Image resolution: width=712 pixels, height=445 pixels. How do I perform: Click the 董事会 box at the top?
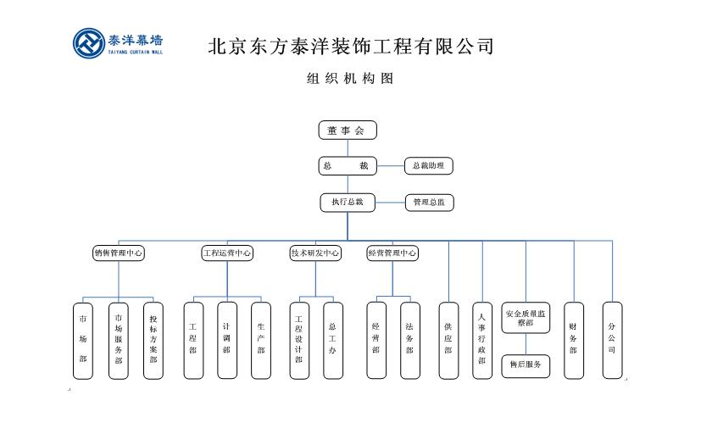click(347, 131)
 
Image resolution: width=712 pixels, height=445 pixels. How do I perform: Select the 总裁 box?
click(347, 166)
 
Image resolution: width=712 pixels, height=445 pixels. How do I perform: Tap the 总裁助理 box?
click(428, 166)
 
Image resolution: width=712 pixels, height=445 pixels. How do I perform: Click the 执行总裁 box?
click(347, 202)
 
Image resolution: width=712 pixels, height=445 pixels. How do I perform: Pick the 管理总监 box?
click(428, 203)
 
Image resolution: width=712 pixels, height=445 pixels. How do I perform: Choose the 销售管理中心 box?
click(118, 253)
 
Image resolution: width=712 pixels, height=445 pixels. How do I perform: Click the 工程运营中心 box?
click(227, 253)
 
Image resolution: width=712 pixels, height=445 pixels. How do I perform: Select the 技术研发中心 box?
click(315, 253)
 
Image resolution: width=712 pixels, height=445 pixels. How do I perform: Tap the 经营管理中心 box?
click(392, 253)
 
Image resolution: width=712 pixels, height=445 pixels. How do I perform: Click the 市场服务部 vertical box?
click(119, 340)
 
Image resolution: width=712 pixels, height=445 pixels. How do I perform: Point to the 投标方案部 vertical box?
click(153, 340)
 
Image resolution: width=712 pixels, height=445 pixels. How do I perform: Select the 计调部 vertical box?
click(226, 340)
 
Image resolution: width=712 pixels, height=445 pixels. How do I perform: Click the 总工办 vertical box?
click(332, 340)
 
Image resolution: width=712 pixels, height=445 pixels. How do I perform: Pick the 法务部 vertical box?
click(409, 340)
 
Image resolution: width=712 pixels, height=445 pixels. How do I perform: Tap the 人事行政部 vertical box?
click(481, 340)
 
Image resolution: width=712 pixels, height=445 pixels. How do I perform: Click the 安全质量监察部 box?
click(526, 318)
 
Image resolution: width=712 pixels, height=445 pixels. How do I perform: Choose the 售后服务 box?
click(526, 365)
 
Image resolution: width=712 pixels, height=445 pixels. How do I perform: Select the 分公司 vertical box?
click(612, 340)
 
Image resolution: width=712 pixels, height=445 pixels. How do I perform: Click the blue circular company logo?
click(89, 45)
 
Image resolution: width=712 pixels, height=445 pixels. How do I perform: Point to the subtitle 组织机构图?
click(350, 79)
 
